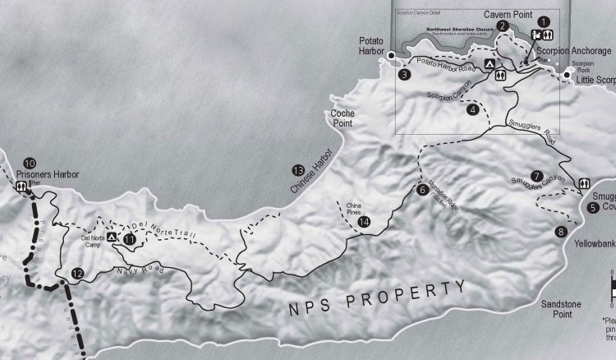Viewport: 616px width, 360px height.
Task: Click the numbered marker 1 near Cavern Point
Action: coord(541,20)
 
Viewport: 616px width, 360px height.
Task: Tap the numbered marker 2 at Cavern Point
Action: coord(503,25)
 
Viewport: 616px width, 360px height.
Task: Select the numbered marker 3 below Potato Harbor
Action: coord(404,75)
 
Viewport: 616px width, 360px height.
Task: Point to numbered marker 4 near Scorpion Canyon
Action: coord(471,109)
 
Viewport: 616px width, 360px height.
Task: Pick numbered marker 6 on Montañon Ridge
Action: coord(422,190)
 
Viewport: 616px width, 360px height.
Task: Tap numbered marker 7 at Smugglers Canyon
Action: coord(536,175)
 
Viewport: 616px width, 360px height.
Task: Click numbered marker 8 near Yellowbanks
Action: coord(561,232)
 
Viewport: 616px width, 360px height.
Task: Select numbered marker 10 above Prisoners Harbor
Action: coord(30,163)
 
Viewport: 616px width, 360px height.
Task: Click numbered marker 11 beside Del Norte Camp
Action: coord(128,239)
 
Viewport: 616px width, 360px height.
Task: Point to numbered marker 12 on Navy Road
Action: coord(77,274)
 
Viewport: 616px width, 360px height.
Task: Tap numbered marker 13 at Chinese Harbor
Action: coord(297,170)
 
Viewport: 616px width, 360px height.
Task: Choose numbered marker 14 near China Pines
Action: coord(365,220)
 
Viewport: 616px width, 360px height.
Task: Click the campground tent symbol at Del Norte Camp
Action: coord(112,237)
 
